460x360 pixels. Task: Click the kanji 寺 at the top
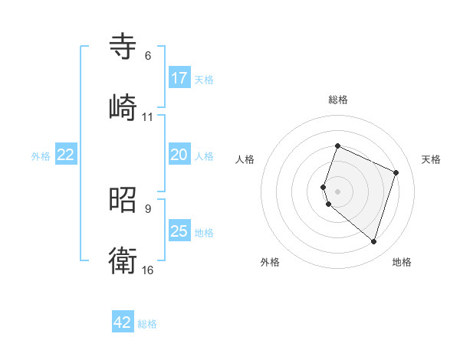(x=123, y=46)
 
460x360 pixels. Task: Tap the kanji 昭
(x=123, y=200)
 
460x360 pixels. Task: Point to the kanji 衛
(x=123, y=261)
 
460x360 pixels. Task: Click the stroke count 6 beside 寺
(x=148, y=56)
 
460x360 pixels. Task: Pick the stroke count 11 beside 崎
(x=148, y=117)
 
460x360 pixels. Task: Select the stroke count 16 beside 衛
(x=148, y=270)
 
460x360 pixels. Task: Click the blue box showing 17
(x=179, y=77)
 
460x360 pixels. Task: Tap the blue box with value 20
(x=179, y=155)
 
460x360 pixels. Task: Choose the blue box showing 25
(x=179, y=231)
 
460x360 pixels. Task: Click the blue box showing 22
(x=66, y=155)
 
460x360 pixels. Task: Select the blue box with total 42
(x=123, y=322)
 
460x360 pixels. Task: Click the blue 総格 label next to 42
(x=147, y=324)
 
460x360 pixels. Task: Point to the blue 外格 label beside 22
(x=41, y=156)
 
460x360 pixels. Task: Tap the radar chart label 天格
(x=431, y=159)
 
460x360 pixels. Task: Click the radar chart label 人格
(x=245, y=159)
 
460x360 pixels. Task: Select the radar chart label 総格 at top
(x=338, y=100)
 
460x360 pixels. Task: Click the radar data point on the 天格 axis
(x=396, y=172)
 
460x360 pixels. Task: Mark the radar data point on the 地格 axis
(x=373, y=242)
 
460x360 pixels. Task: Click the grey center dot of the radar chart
(x=338, y=191)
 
